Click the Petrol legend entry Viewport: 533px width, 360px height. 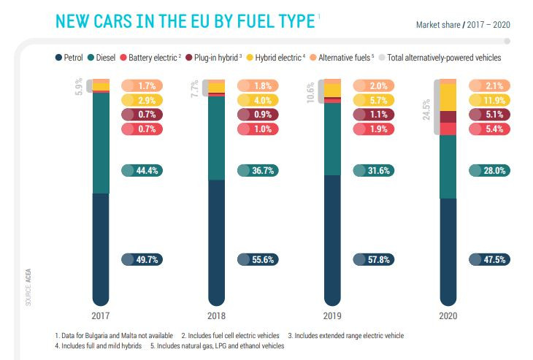(x=70, y=57)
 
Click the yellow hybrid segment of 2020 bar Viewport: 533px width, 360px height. (x=448, y=97)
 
